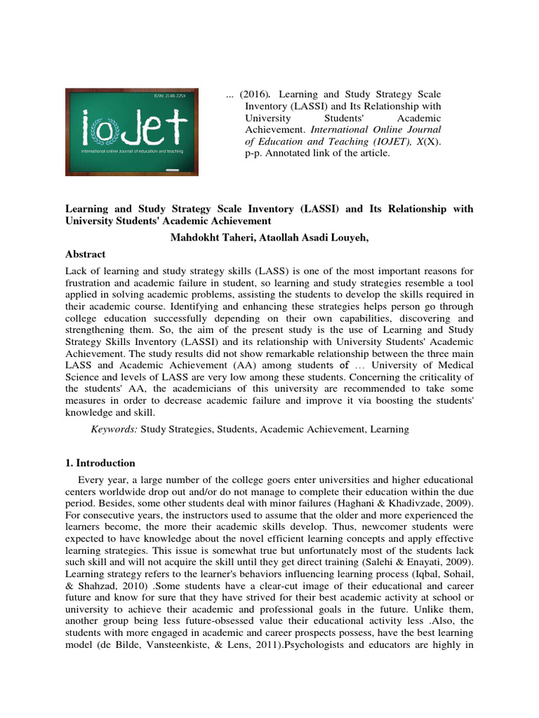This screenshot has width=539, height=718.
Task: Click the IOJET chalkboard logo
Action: (x=132, y=131)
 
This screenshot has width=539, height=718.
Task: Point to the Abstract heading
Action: (x=85, y=255)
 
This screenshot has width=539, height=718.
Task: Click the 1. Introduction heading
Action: (x=100, y=463)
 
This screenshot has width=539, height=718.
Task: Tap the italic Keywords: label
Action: (x=114, y=428)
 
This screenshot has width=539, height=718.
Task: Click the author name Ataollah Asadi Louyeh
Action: (x=311, y=238)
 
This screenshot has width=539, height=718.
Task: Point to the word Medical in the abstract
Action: (x=448, y=365)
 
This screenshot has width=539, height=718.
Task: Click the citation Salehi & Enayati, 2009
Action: (x=412, y=563)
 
